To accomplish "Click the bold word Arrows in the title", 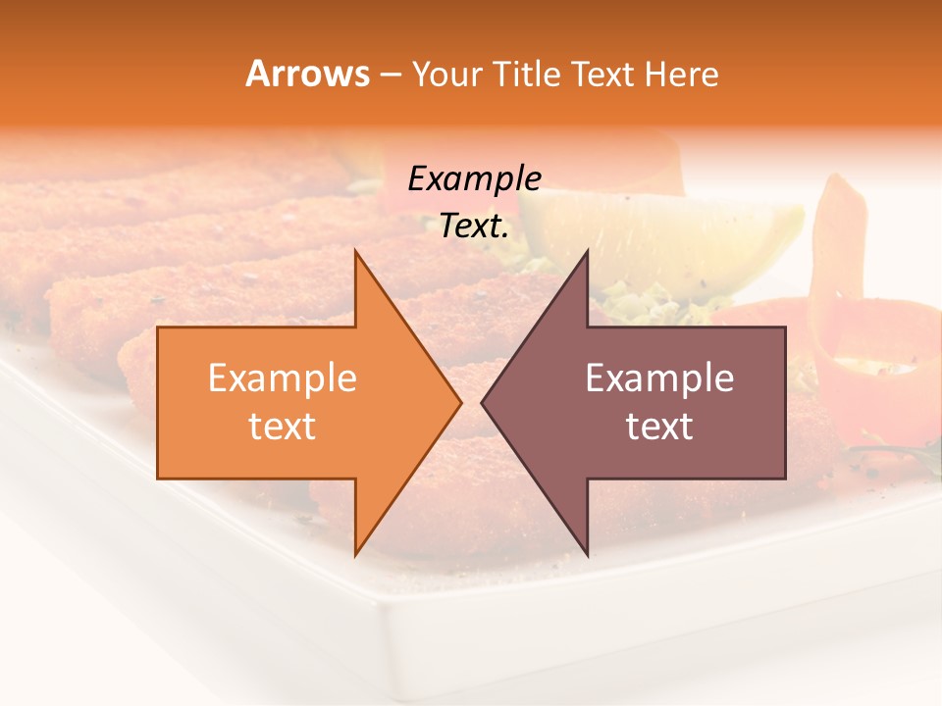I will click(x=307, y=74).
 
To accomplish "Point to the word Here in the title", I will click(x=684, y=75).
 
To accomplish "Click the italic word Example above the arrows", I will click(x=474, y=178).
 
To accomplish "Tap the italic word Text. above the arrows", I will click(x=474, y=227).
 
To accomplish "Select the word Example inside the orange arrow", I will click(x=282, y=378).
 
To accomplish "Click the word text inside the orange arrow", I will click(x=282, y=427).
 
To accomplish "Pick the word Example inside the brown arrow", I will click(x=659, y=378).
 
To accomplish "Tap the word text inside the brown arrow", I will click(x=659, y=427).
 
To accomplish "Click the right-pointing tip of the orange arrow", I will click(x=460, y=402).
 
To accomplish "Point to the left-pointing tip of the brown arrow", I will click(x=483, y=402).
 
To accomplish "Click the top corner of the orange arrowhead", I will click(x=355, y=251).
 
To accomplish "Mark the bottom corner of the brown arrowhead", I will click(x=587, y=554).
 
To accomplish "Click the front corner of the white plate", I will click(x=392, y=628).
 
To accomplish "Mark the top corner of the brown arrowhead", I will click(x=587, y=251).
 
